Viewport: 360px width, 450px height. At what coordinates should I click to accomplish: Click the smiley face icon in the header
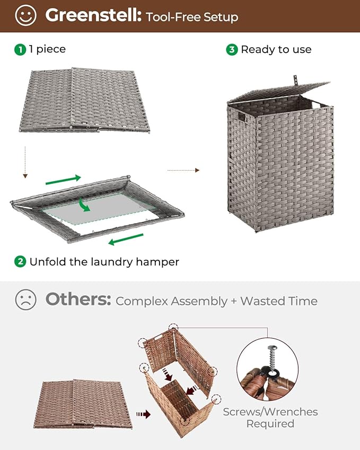pyautogui.click(x=25, y=15)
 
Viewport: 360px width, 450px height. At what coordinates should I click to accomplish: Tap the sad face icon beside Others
pyautogui.click(x=25, y=300)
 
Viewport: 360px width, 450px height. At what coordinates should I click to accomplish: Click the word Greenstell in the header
pyautogui.click(x=93, y=16)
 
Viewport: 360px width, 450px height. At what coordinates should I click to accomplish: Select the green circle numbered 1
pyautogui.click(x=20, y=49)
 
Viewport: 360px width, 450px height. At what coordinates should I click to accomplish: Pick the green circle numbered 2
pyautogui.click(x=20, y=261)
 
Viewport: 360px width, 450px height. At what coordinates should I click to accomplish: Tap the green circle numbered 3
pyautogui.click(x=232, y=49)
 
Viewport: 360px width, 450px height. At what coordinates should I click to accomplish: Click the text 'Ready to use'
pyautogui.click(x=276, y=49)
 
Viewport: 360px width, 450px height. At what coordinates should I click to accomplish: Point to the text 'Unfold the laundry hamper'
pyautogui.click(x=104, y=262)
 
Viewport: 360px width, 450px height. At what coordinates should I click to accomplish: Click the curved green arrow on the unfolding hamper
pyautogui.click(x=82, y=204)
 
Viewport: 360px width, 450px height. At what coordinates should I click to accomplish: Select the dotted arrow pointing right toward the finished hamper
pyautogui.click(x=183, y=170)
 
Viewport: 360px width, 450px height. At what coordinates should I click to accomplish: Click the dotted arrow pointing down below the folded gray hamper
pyautogui.click(x=24, y=162)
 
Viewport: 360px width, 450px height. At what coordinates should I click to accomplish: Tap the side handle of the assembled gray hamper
pyautogui.click(x=241, y=117)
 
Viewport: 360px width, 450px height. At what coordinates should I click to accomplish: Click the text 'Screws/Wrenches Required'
pyautogui.click(x=270, y=417)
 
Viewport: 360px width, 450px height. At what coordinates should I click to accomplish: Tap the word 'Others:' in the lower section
pyautogui.click(x=78, y=299)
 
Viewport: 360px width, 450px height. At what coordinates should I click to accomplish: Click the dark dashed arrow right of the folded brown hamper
pyautogui.click(x=143, y=413)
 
